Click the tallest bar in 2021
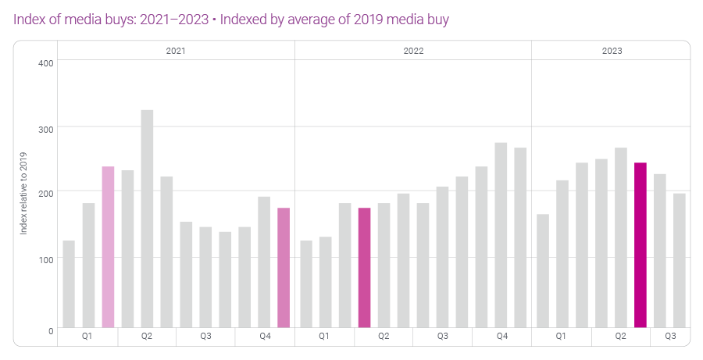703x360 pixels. [147, 219]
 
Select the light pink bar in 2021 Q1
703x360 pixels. [108, 247]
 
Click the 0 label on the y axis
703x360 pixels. [50, 330]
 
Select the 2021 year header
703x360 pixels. [176, 50]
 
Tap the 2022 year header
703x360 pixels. [413, 50]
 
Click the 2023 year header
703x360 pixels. [612, 50]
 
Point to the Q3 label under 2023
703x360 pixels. [670, 337]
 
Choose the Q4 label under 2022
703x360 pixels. [501, 337]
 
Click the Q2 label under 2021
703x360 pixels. [146, 337]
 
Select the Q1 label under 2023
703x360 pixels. [561, 337]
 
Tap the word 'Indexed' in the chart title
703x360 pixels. [244, 20]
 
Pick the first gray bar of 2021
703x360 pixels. [69, 284]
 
